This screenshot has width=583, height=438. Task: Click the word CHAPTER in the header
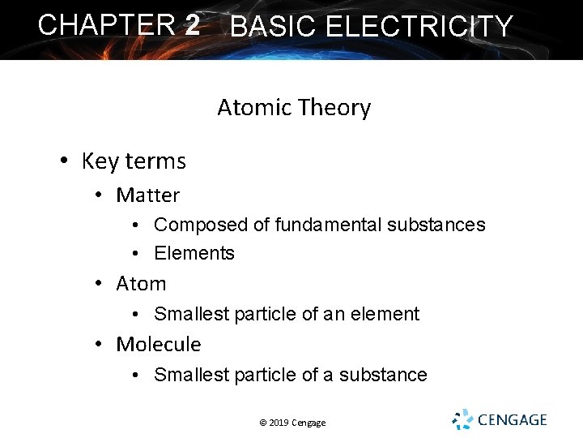pyautogui.click(x=106, y=24)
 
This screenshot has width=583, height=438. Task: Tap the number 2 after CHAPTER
pyautogui.click(x=192, y=24)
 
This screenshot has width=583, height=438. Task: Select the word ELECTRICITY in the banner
pyautogui.click(x=419, y=27)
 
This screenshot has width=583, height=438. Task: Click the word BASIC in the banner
pyautogui.click(x=274, y=27)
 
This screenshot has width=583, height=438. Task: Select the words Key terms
pyautogui.click(x=134, y=161)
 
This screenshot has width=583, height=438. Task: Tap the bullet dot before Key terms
pyautogui.click(x=64, y=161)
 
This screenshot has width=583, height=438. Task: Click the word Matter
pyautogui.click(x=147, y=195)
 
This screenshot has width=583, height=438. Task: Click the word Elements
pyautogui.click(x=194, y=253)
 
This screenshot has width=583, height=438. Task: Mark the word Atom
pyautogui.click(x=141, y=284)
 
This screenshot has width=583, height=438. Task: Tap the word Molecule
pyautogui.click(x=159, y=345)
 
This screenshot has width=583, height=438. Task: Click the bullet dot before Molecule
pyautogui.click(x=97, y=345)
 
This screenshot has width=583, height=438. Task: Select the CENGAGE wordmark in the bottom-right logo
pyautogui.click(x=513, y=420)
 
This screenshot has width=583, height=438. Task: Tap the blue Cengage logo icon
pyautogui.click(x=462, y=419)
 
